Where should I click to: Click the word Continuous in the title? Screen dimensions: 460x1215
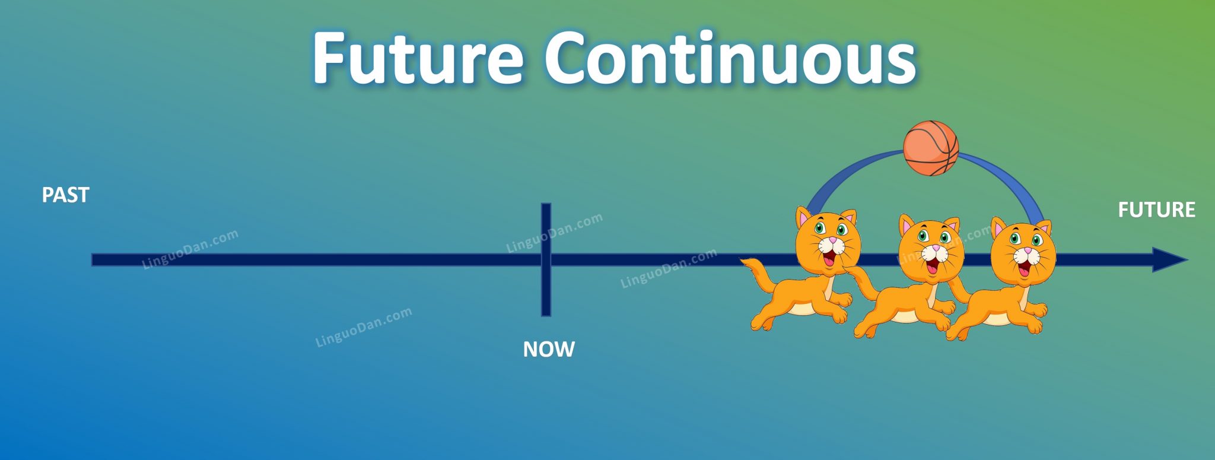(x=730, y=58)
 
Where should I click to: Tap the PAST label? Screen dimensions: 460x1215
(x=65, y=195)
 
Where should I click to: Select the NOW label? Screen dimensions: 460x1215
(x=548, y=349)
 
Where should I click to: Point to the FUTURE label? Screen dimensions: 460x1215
(x=1156, y=210)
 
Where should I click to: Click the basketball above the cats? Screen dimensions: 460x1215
(x=930, y=148)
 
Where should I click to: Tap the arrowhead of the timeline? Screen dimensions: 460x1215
(x=1169, y=260)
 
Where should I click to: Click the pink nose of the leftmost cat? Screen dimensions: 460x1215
(x=832, y=241)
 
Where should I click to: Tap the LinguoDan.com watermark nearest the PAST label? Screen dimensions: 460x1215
(x=191, y=249)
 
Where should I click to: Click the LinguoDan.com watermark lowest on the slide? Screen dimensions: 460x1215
(x=363, y=326)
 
